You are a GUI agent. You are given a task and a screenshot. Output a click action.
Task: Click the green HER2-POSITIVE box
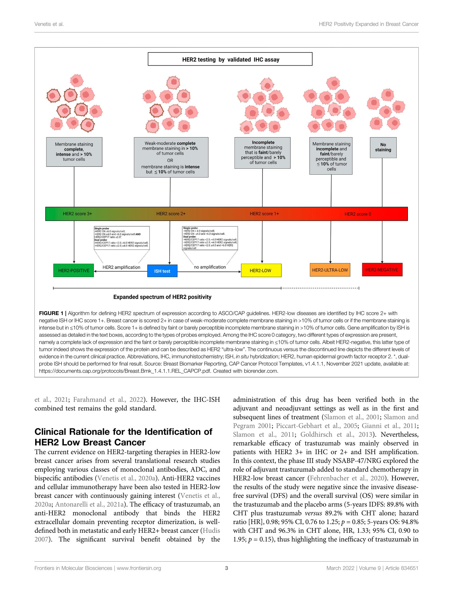74,270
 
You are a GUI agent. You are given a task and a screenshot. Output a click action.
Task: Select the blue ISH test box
162,271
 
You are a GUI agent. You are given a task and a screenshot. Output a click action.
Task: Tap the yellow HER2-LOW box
261,270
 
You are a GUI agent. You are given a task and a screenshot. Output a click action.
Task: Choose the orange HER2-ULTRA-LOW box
330,270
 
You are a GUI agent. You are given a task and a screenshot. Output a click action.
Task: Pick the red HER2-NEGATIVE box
382,270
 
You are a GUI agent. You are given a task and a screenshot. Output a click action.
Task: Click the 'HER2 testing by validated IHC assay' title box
230,59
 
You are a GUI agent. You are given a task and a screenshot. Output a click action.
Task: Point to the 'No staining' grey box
383,148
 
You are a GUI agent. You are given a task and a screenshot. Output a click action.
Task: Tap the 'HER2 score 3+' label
77,214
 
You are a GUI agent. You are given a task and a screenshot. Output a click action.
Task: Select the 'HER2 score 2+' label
171,214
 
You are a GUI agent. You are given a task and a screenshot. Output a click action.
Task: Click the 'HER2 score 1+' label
264,214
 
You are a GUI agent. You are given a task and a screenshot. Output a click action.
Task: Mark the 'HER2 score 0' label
358,214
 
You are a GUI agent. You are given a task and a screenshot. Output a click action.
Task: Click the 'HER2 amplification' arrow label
121,267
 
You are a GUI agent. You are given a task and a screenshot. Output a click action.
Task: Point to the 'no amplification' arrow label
210,267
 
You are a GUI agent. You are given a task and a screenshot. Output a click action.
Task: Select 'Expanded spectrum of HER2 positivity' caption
162,297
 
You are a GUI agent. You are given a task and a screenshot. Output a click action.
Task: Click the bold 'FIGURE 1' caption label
51,313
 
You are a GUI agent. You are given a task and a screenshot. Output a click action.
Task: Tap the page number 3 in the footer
226,568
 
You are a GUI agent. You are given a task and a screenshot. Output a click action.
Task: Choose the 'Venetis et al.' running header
49,24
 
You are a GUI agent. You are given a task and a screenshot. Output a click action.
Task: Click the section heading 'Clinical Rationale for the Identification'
123,431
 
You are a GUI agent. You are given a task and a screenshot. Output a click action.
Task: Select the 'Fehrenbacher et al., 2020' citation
347,478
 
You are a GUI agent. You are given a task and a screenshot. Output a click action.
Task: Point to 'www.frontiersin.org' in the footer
139,568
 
